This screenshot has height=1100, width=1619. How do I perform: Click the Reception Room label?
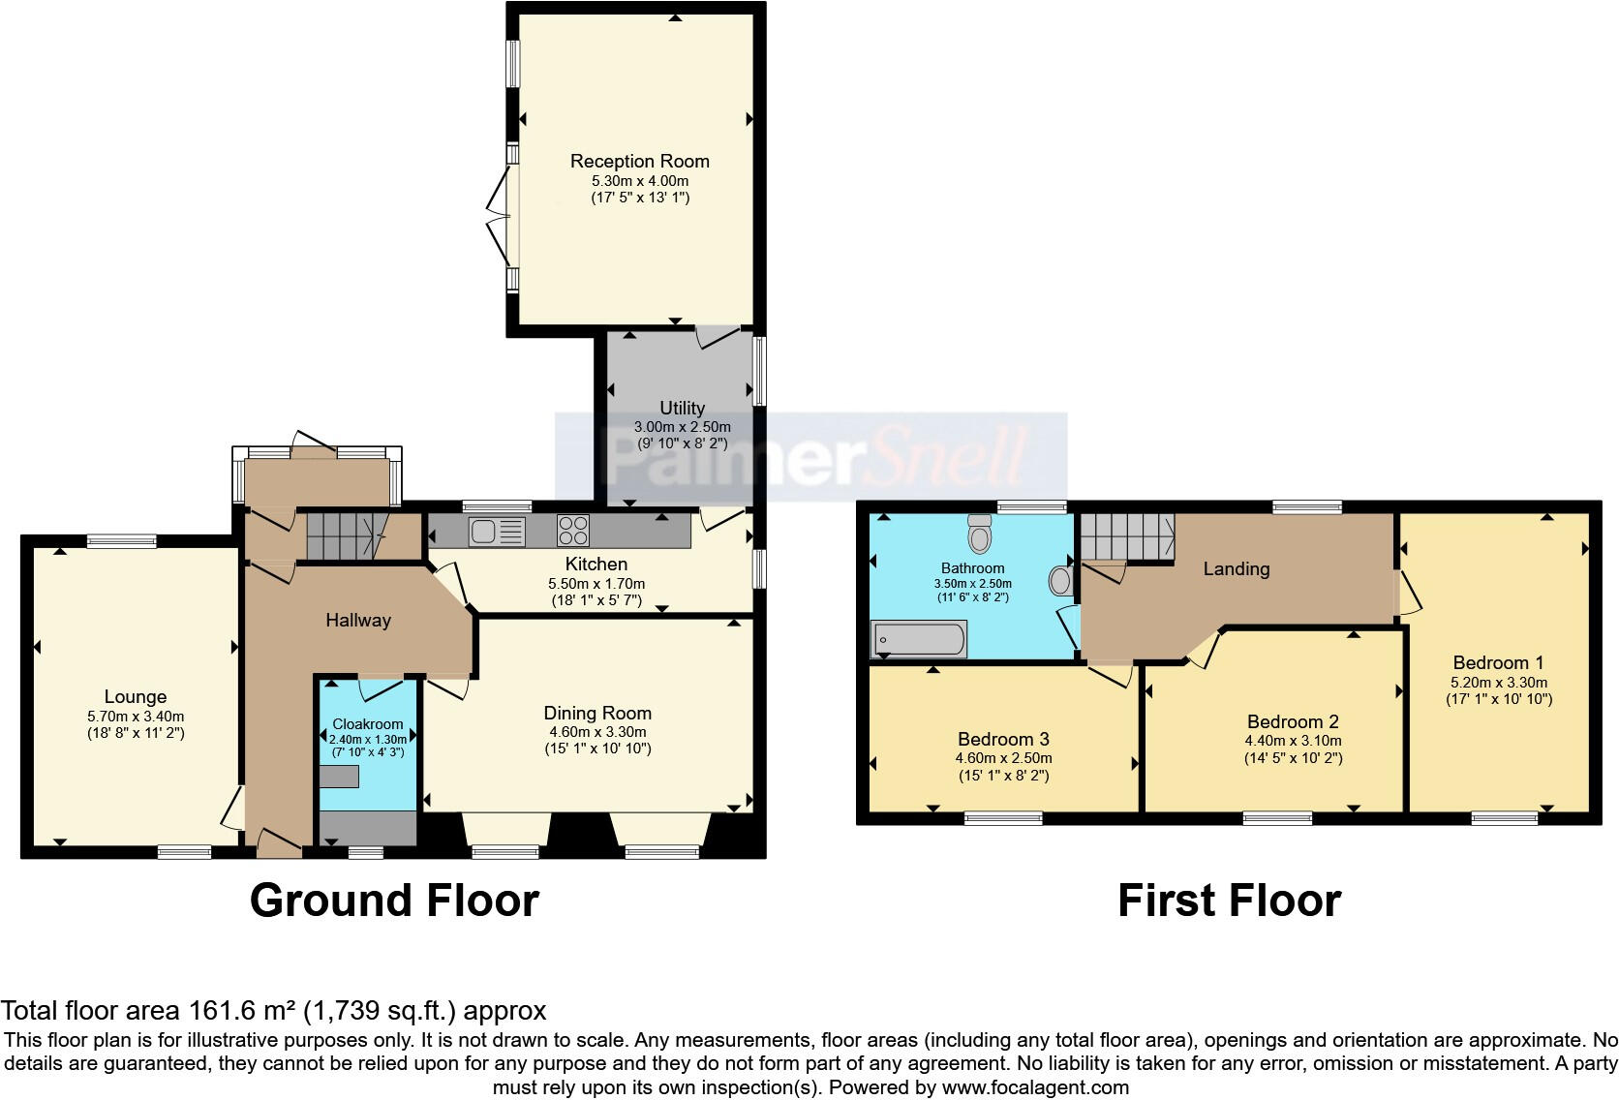click(x=639, y=161)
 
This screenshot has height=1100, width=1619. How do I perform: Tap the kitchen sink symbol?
click(x=497, y=532)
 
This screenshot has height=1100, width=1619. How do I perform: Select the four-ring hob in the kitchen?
click(x=573, y=531)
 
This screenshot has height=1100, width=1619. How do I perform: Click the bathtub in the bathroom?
click(x=919, y=640)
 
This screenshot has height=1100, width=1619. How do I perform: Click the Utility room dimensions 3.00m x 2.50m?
click(x=682, y=427)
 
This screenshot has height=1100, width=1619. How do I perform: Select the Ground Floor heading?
click(x=394, y=901)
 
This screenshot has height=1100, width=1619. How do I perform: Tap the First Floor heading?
click(x=1229, y=901)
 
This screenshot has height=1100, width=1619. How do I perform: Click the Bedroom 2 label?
click(x=1293, y=721)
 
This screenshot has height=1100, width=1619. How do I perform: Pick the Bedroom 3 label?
click(x=1003, y=739)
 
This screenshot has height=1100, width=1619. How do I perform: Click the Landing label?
click(x=1236, y=568)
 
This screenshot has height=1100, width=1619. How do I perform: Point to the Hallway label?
click(x=357, y=620)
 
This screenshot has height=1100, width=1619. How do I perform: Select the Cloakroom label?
click(x=367, y=723)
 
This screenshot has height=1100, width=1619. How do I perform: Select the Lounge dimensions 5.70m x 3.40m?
click(x=136, y=717)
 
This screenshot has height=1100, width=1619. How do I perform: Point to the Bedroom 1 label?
click(x=1498, y=662)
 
